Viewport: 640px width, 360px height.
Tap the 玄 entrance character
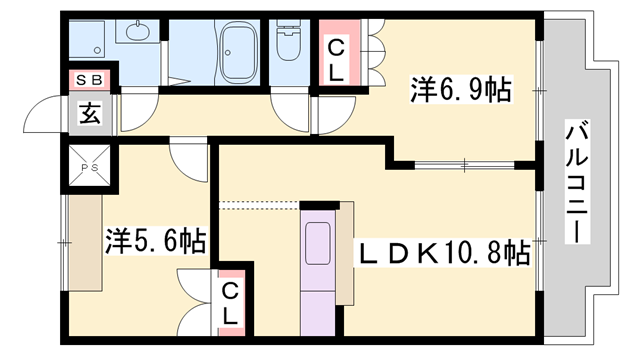[x=90, y=113]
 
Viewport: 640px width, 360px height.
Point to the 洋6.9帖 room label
[x=459, y=91]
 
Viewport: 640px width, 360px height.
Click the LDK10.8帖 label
[x=444, y=254]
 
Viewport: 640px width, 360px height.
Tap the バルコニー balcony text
[x=576, y=181]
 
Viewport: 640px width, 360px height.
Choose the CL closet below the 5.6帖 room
[x=231, y=302]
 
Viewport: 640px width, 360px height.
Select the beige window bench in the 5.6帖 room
[x=84, y=240]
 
